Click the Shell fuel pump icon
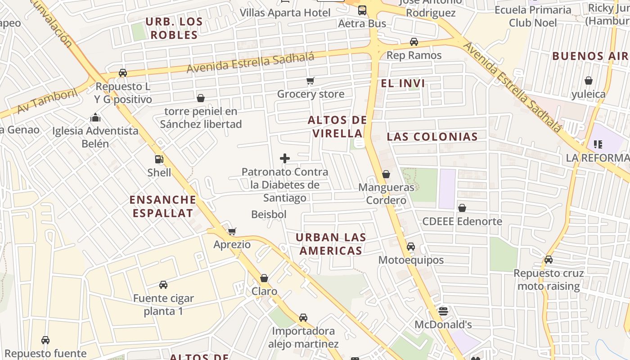(158, 159)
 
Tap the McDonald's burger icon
(443, 311)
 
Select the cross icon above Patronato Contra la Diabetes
(285, 158)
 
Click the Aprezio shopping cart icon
(232, 232)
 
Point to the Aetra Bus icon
(362, 10)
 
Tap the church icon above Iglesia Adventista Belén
(95, 118)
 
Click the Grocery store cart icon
(310, 81)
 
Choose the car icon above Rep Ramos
(414, 42)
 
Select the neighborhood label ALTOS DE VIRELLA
(337, 126)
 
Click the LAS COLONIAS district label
(432, 137)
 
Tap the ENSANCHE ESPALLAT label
(163, 206)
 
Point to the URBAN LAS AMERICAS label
(331, 244)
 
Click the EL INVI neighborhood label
(403, 83)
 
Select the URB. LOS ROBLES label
(174, 28)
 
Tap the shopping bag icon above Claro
(264, 278)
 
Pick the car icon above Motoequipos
(411, 247)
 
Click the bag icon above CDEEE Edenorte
(462, 208)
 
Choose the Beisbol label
(269, 215)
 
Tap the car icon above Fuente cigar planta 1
(163, 285)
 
